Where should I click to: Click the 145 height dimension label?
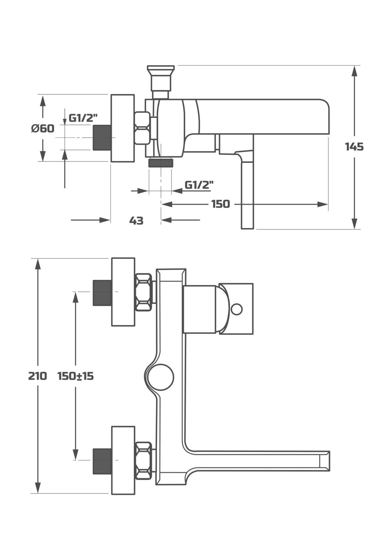click(x=354, y=147)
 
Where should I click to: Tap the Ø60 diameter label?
click(x=43, y=128)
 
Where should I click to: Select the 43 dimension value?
click(x=136, y=221)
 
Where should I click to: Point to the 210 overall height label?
click(x=37, y=376)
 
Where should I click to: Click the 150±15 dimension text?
click(x=75, y=376)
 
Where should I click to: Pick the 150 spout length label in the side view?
click(x=220, y=204)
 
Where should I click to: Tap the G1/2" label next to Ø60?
click(x=83, y=118)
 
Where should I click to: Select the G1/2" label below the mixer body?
click(x=199, y=185)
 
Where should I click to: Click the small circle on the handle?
click(x=237, y=309)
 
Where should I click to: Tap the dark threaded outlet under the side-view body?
click(x=161, y=163)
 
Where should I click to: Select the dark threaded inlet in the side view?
click(x=102, y=138)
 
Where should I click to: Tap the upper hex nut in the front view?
click(x=144, y=292)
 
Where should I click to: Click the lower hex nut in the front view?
click(x=144, y=461)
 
